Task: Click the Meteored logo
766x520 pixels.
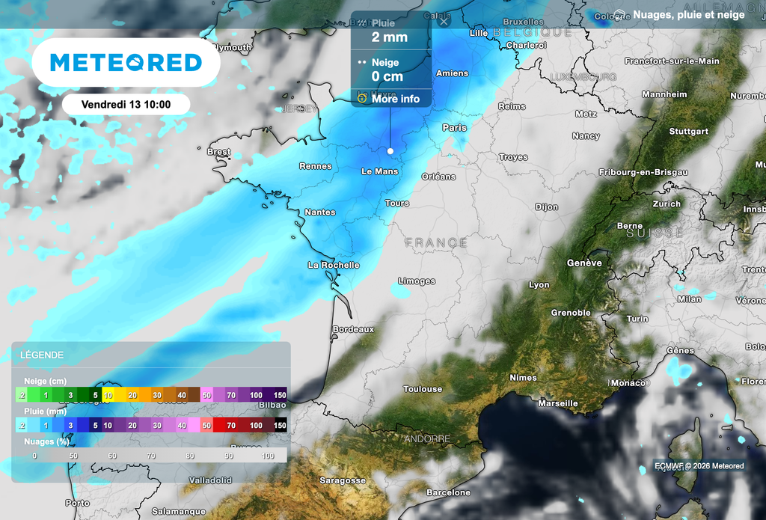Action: click(126, 62)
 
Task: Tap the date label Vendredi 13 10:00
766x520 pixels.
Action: click(126, 104)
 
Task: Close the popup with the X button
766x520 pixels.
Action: click(444, 22)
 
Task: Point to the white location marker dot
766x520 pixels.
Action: click(390, 151)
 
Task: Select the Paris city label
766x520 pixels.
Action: click(454, 127)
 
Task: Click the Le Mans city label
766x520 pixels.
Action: click(379, 171)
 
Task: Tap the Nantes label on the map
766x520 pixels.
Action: click(319, 212)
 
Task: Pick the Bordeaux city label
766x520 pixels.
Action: click(353, 329)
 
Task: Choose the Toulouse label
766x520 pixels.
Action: click(423, 389)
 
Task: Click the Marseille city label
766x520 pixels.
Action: click(557, 403)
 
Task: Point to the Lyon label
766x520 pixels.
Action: click(539, 285)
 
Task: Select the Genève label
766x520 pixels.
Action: click(584, 263)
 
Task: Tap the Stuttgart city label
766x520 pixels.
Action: click(688, 132)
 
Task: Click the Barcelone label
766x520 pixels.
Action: click(448, 493)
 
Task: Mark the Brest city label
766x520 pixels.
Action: click(218, 152)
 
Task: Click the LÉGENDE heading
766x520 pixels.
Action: click(42, 355)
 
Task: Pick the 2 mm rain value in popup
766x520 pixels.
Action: click(390, 37)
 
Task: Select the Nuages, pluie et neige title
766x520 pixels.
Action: click(688, 15)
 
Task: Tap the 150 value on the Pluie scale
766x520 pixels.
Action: click(280, 425)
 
